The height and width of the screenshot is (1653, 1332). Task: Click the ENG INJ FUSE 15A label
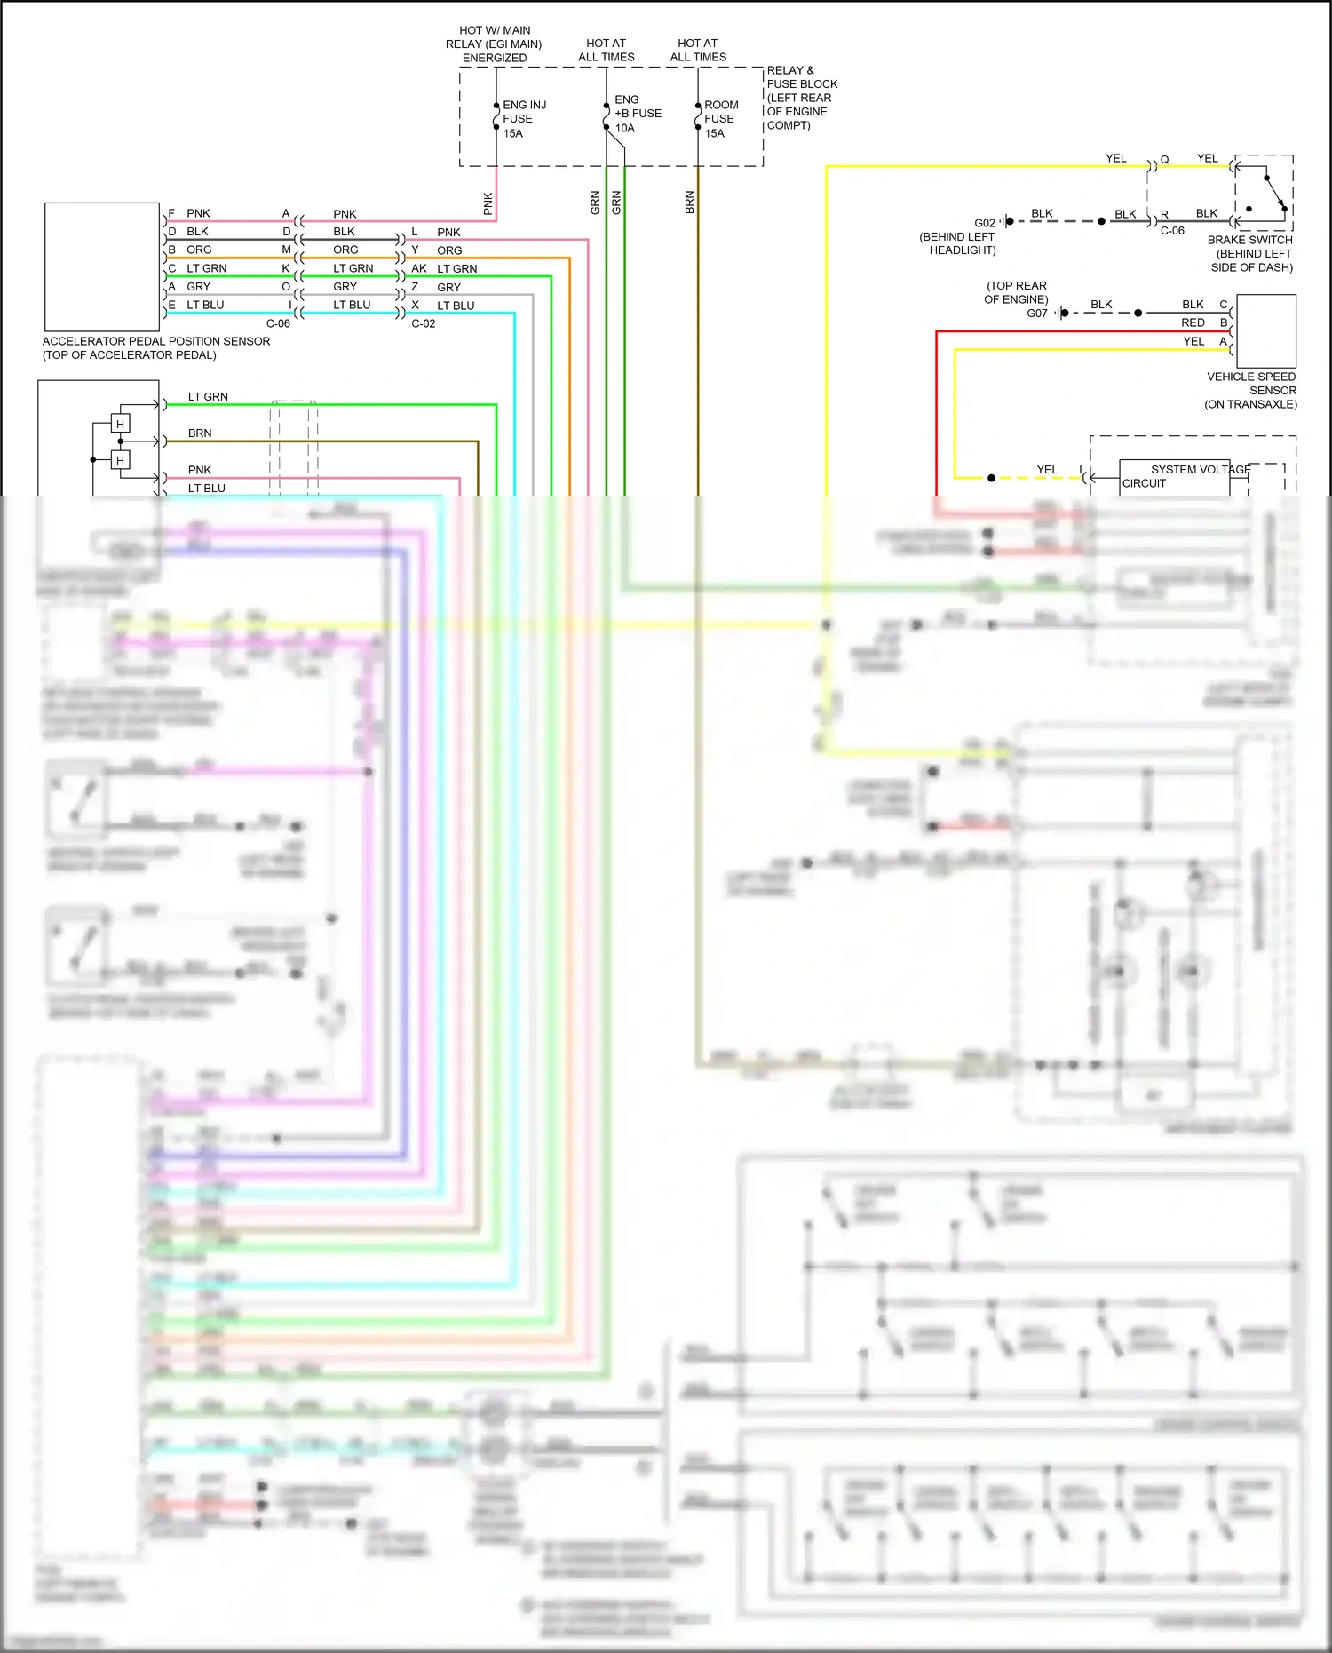coord(523,119)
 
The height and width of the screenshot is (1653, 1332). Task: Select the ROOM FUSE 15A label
coord(720,119)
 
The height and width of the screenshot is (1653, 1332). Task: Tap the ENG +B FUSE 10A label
coord(637,114)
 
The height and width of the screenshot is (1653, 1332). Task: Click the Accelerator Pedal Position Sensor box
coord(102,266)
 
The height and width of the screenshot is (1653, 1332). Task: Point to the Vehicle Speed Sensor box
coord(1265,330)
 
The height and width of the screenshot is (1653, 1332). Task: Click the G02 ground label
coord(984,223)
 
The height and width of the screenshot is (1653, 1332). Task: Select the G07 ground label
coord(1036,314)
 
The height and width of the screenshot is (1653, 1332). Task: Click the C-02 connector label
coord(424,323)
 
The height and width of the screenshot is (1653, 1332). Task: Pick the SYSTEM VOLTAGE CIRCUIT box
coord(1174,477)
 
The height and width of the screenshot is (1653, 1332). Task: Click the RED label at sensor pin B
coord(1193,322)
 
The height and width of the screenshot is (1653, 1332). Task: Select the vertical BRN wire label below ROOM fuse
coord(690,203)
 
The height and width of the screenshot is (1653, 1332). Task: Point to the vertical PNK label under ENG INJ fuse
coord(488,203)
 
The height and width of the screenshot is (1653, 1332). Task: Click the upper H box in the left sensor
coord(120,424)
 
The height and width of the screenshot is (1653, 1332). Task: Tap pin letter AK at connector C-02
coord(418,268)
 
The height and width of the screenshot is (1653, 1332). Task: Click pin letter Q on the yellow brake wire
coord(1164,160)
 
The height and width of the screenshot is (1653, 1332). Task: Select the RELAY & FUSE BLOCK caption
coord(801,98)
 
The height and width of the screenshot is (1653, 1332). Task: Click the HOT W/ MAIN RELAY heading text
coord(494,44)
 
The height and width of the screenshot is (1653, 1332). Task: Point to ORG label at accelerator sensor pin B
coord(199,250)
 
